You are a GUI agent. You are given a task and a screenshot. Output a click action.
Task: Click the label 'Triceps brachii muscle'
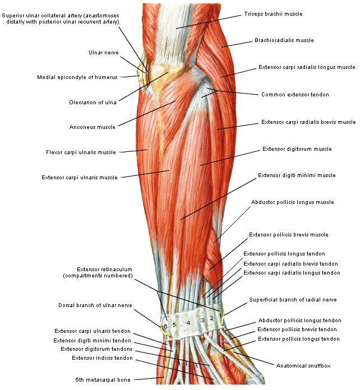coord(273,13)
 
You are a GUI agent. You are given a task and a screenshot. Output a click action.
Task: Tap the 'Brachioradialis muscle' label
coord(284,40)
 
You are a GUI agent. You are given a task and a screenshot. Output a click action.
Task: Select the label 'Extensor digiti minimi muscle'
coord(297,175)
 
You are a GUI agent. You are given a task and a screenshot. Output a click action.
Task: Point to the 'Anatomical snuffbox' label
coord(303,365)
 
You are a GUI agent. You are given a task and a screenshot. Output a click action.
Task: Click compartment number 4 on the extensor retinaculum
coord(188,323)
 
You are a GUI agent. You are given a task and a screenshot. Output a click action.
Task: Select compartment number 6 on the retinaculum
coord(165,326)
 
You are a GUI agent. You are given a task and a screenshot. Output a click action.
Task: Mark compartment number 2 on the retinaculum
coord(211,318)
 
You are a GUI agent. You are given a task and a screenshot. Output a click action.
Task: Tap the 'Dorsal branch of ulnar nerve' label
coord(95,305)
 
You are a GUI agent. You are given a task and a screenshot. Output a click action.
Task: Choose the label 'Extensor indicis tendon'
coord(102,357)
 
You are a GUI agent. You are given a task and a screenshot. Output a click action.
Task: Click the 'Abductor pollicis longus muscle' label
coord(292,202)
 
